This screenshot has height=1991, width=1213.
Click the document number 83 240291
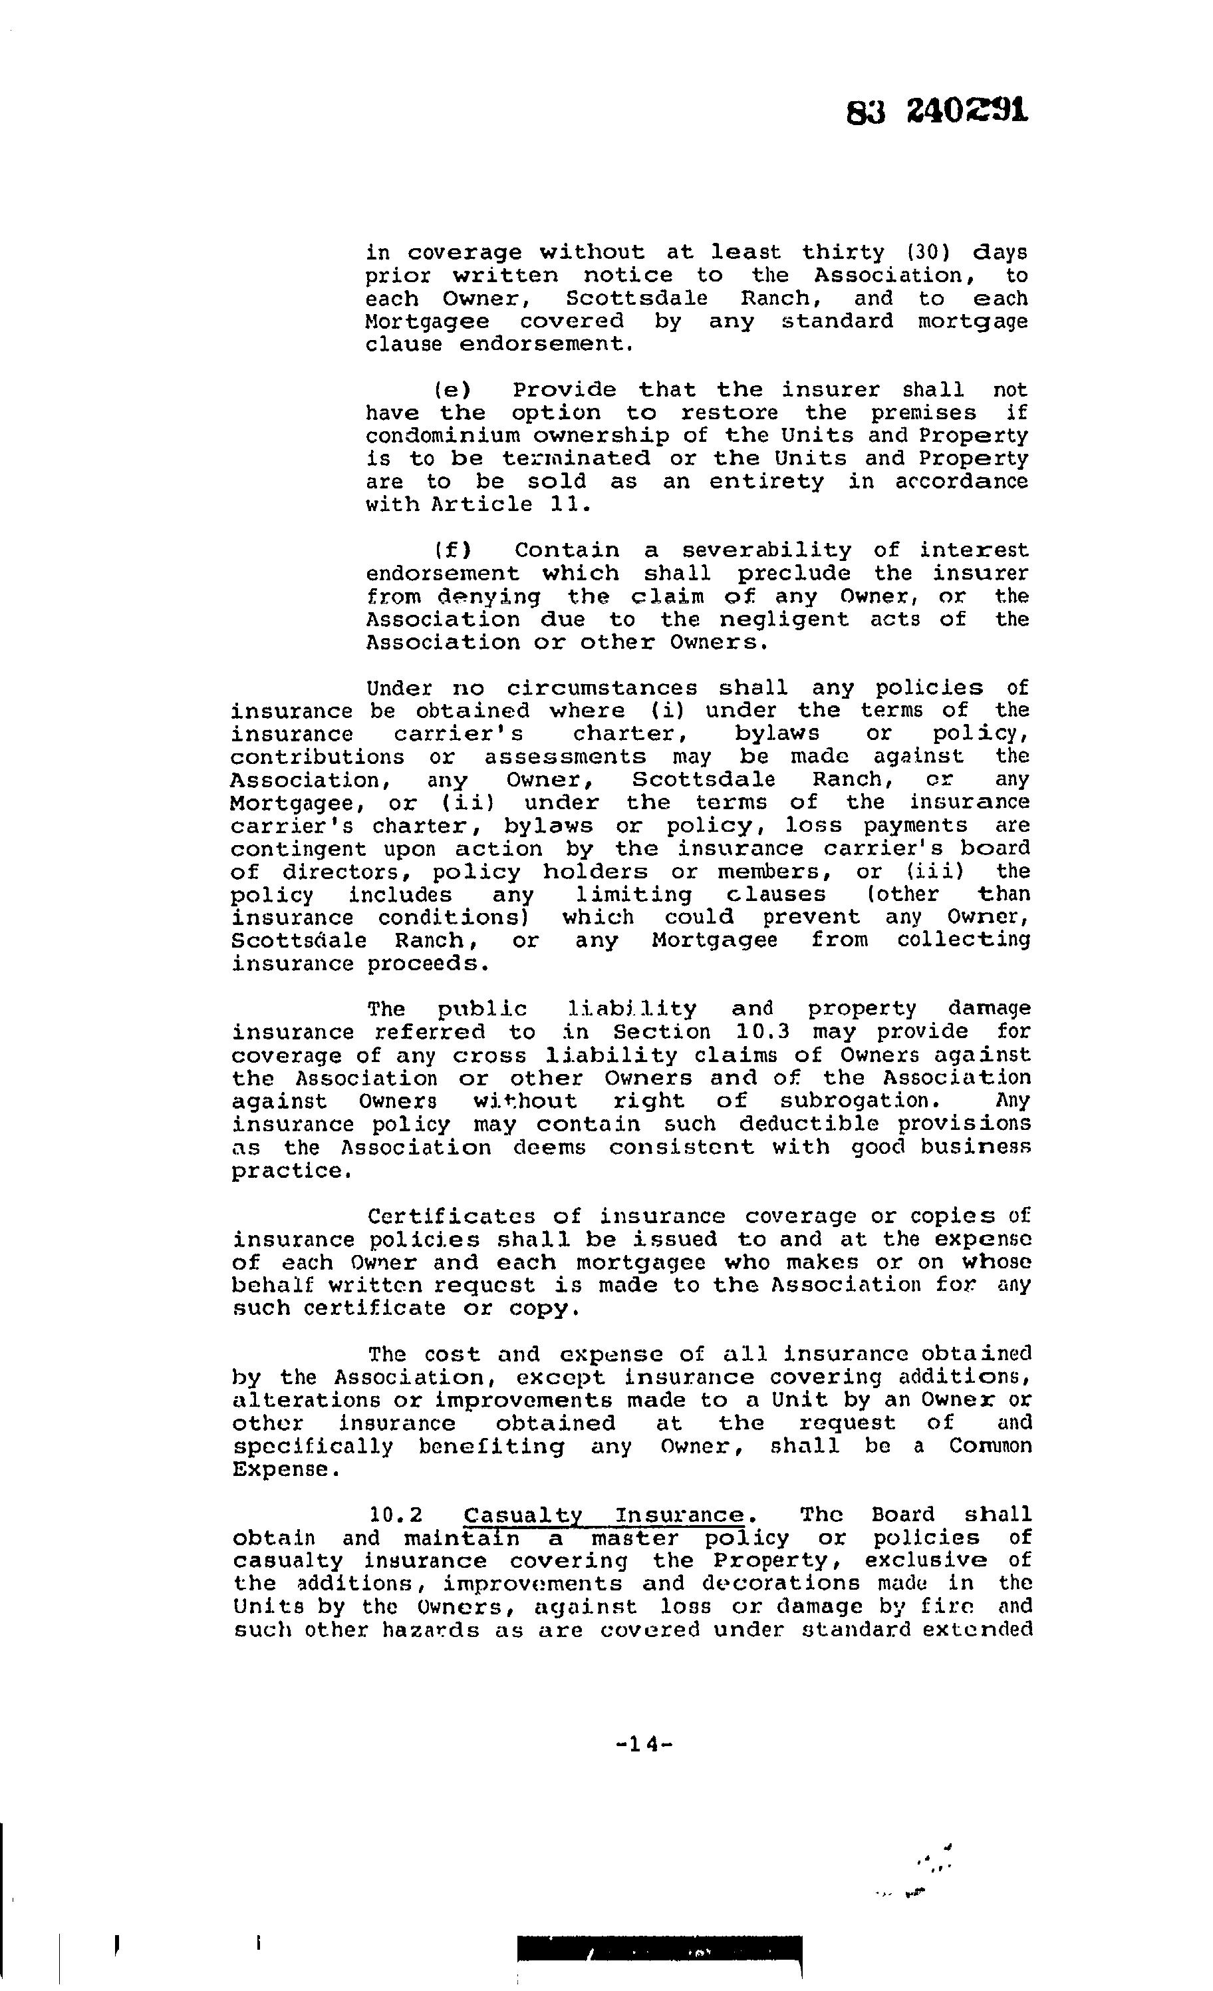point(937,110)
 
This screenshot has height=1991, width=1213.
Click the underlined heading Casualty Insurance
point(603,1515)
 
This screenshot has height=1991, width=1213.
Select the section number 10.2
point(396,1515)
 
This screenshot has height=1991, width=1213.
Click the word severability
point(766,551)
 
